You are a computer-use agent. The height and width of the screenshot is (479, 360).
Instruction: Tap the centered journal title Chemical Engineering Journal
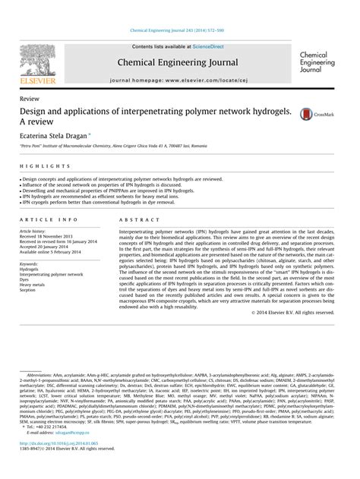click(181, 62)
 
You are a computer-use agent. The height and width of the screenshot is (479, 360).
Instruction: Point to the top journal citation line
click(180, 31)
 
